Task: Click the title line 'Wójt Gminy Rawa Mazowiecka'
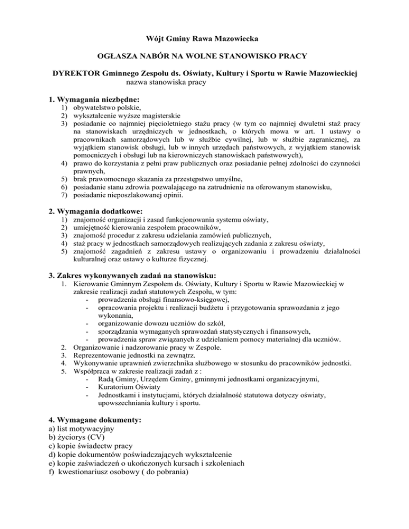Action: point(204,38)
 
